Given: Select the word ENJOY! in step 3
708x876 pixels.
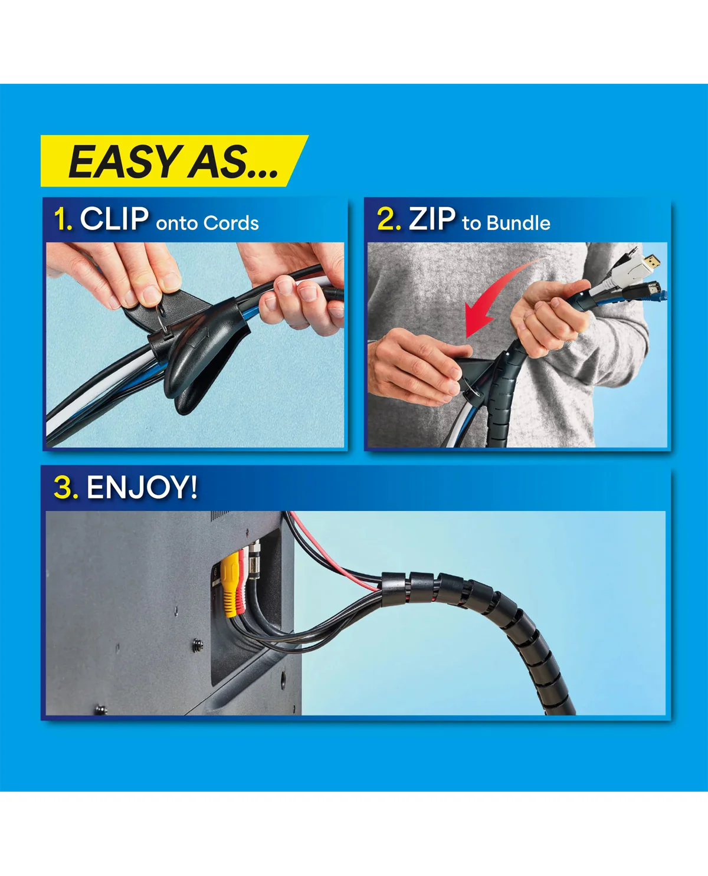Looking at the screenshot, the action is click(x=142, y=487).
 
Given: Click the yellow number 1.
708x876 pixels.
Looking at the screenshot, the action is click(x=63, y=219).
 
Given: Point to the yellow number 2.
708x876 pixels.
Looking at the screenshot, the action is click(x=389, y=219).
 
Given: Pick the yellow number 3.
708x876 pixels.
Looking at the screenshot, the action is click(x=66, y=488).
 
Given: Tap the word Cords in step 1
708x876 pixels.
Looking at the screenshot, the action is click(x=231, y=223).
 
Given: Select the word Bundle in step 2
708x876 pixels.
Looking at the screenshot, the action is click(x=519, y=223).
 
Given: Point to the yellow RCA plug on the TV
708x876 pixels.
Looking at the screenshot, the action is click(x=230, y=583).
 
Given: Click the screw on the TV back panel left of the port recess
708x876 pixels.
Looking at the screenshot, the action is click(x=198, y=643).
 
